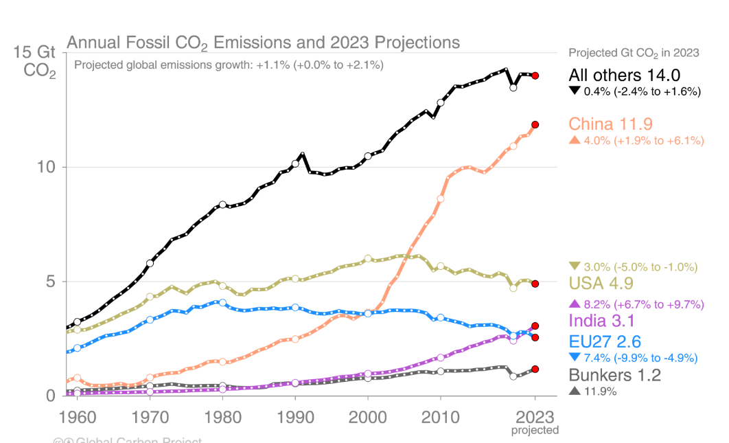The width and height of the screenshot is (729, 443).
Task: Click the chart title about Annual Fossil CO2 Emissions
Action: pos(263,43)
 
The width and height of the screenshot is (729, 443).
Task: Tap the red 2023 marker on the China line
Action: pos(535,124)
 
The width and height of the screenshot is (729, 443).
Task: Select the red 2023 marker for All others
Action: pos(535,76)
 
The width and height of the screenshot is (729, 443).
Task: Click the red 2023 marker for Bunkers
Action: pos(535,369)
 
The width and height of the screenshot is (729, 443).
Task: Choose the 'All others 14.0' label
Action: pos(624,75)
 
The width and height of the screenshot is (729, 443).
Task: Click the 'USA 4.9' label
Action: pos(601,283)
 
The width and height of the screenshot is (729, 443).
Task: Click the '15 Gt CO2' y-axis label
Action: pos(39,61)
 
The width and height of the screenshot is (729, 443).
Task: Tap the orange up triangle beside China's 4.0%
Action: pos(575,141)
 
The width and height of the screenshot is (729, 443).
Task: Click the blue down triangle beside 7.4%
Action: pos(575,357)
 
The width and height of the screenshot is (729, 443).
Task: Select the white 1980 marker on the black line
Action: pos(222,205)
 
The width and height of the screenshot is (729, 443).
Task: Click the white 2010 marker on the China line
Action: pos(441,198)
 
